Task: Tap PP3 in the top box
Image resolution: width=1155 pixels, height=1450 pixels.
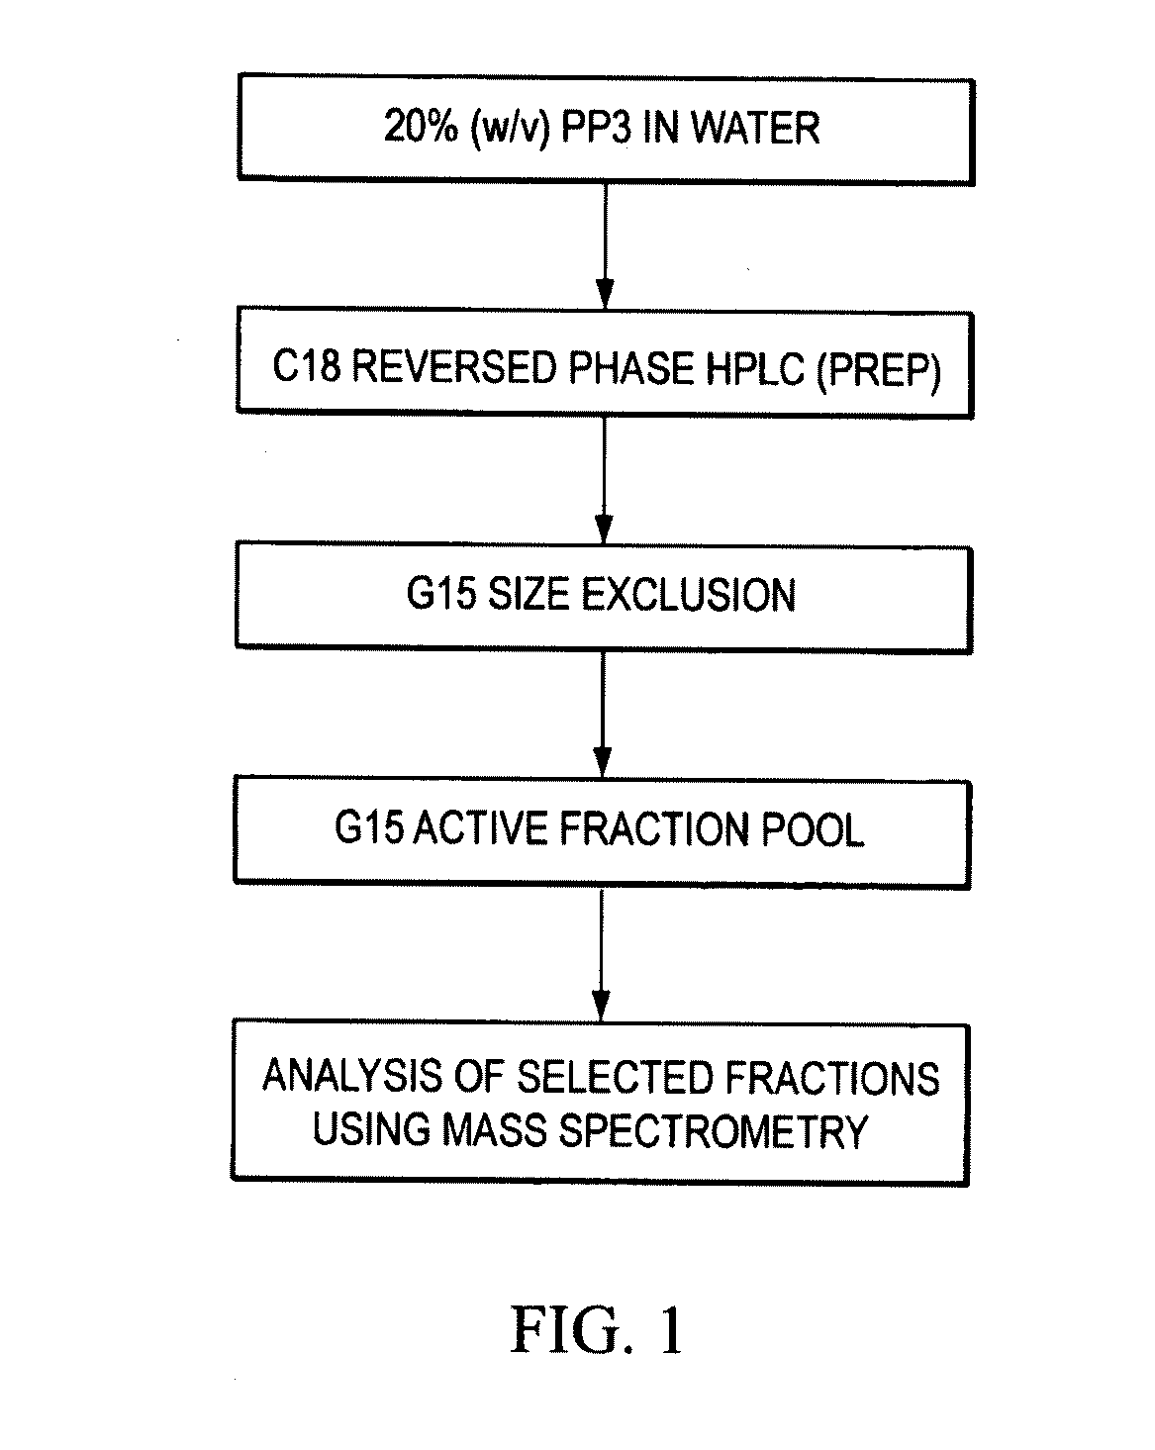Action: (x=596, y=128)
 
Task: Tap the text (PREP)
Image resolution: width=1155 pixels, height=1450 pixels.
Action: (x=879, y=371)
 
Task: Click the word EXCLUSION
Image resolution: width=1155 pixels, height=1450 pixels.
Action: (x=687, y=596)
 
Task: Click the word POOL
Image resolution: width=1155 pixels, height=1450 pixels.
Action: (x=812, y=829)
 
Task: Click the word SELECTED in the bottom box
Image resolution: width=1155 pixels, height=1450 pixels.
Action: (x=614, y=1077)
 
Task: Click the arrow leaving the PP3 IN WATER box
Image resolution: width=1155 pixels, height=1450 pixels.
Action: (x=605, y=245)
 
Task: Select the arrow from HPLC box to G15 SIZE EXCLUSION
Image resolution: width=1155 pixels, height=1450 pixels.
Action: (x=605, y=480)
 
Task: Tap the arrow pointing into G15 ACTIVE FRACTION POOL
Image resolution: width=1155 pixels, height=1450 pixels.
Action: (x=603, y=715)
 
